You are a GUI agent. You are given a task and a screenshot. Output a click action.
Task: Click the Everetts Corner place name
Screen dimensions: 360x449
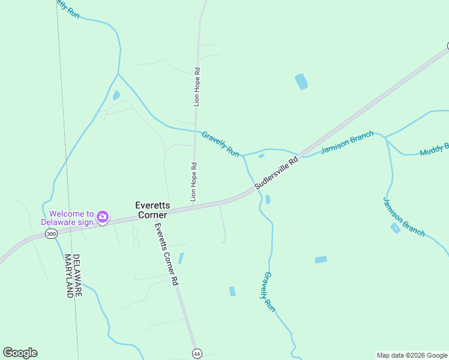click(x=151, y=209)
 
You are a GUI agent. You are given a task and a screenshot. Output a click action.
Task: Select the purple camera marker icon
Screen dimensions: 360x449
click(x=103, y=217)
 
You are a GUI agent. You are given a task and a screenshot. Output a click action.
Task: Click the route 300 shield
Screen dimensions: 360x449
click(x=51, y=234)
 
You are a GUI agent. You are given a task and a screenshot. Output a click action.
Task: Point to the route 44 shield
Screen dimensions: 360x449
click(x=197, y=353)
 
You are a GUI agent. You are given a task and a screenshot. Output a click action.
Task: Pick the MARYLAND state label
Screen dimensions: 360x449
click(x=68, y=276)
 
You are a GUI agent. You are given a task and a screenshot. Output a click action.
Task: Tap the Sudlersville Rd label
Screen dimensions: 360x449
click(x=276, y=173)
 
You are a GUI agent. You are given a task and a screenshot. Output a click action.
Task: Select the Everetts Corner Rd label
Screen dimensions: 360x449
click(x=166, y=254)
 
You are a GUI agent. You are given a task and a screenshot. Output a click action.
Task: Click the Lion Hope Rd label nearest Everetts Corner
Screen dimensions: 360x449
click(x=194, y=181)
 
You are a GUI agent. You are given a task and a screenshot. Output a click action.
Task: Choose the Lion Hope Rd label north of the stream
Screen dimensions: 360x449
click(x=196, y=87)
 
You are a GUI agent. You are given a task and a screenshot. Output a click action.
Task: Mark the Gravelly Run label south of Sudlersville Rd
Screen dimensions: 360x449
click(x=268, y=292)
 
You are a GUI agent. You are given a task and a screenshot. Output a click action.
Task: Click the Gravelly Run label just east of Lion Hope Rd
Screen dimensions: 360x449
click(x=220, y=144)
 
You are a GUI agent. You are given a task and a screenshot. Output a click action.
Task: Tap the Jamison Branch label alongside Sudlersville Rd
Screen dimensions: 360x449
click(x=347, y=143)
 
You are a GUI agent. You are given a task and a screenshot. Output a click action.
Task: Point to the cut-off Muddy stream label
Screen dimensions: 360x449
click(x=434, y=149)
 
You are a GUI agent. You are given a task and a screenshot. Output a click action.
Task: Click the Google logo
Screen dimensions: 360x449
click(x=20, y=353)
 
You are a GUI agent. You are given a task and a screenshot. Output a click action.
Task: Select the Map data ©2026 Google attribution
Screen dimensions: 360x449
click(x=412, y=355)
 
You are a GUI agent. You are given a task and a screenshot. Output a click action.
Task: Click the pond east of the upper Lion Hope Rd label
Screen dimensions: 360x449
click(x=301, y=82)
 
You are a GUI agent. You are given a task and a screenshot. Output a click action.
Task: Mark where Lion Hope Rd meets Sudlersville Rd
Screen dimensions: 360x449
click(x=193, y=206)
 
